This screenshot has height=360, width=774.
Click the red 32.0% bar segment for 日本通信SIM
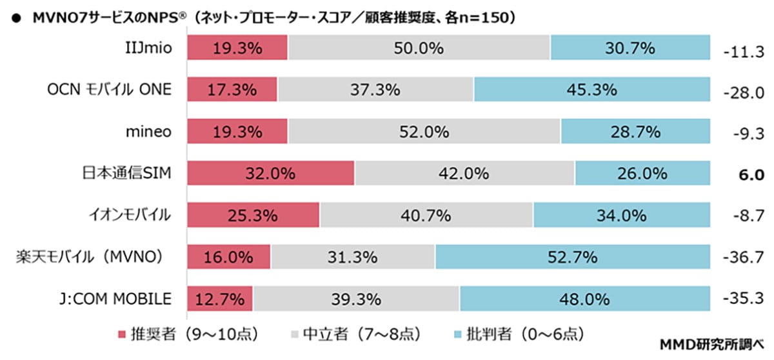(x=271, y=173)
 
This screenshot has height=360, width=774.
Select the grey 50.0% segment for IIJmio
(x=419, y=48)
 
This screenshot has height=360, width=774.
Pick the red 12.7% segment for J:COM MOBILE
(x=220, y=299)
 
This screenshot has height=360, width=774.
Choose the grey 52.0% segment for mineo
(x=424, y=132)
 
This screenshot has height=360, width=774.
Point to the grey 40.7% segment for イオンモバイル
(x=426, y=215)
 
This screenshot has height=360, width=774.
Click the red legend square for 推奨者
(x=121, y=334)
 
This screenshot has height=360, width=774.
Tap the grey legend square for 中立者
(x=296, y=334)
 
